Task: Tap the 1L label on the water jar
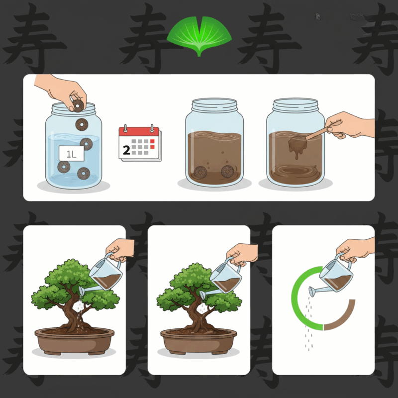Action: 71,154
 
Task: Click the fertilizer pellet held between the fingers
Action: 78,106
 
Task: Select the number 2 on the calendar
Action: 126,150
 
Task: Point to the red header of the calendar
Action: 139,131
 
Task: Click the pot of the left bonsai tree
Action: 74,341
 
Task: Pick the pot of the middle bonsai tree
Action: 199,341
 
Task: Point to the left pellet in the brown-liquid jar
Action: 200,172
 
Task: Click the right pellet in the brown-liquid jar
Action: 227,171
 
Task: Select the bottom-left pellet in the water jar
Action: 64,167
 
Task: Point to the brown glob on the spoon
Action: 298,145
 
